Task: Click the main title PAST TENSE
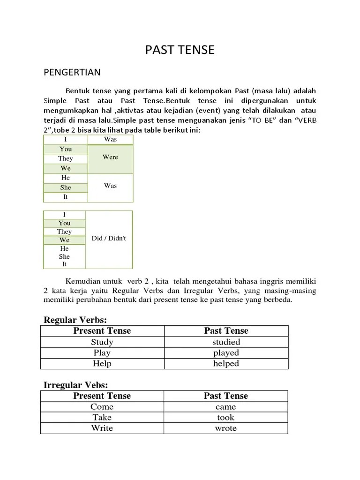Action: (x=180, y=50)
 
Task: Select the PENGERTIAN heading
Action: (x=72, y=72)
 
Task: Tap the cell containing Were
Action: (x=111, y=157)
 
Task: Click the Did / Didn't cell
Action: (x=109, y=238)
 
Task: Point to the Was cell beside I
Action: (x=111, y=139)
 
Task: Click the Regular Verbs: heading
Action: (x=75, y=320)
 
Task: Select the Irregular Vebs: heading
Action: (x=75, y=385)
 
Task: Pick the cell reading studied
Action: (x=226, y=342)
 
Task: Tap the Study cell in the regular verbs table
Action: (x=102, y=342)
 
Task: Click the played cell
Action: (x=226, y=352)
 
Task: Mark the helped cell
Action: (x=226, y=363)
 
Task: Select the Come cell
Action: (x=102, y=407)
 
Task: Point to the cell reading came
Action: (x=226, y=407)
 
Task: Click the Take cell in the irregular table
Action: (x=102, y=417)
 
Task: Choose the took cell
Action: (x=226, y=417)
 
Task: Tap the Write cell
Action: (x=102, y=428)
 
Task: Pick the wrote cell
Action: (x=226, y=428)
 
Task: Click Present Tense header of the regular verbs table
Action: (x=102, y=330)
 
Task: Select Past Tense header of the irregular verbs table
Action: (x=226, y=396)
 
